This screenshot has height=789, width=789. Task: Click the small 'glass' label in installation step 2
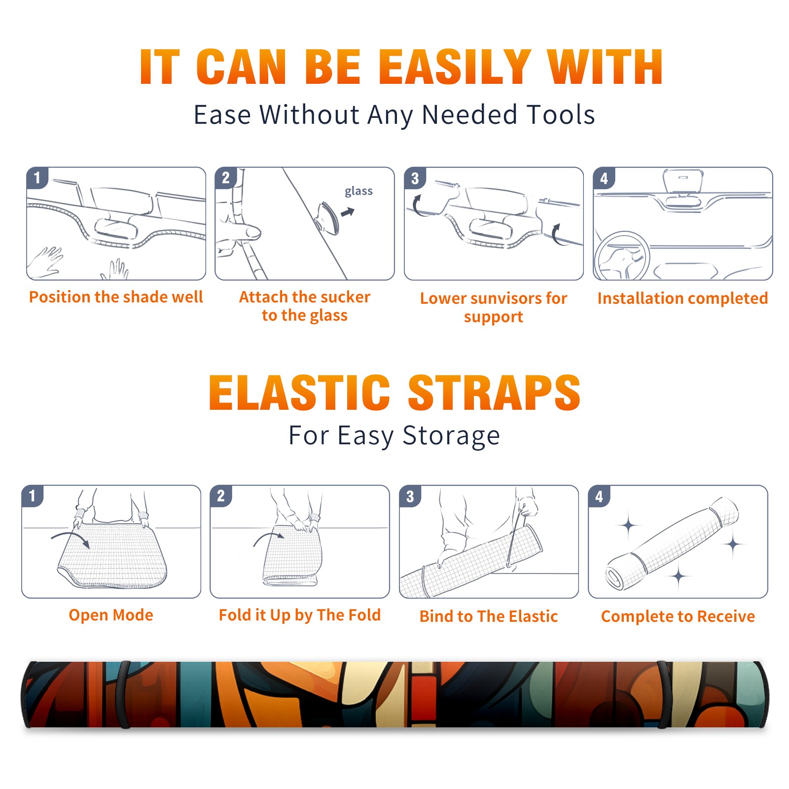[359, 191]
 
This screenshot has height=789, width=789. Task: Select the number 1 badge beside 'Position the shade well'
[37, 178]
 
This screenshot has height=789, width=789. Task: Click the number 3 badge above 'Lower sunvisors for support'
[415, 178]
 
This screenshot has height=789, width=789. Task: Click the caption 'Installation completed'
[682, 298]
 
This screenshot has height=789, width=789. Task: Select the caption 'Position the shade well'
[116, 297]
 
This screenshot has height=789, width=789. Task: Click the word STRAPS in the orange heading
[494, 393]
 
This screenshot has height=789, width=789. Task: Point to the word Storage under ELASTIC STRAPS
[451, 436]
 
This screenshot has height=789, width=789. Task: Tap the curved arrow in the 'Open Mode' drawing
[71, 538]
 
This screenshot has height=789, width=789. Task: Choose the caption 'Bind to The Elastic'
[489, 616]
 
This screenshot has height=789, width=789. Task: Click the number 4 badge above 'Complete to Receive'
[599, 496]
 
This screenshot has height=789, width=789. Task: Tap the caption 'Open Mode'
[111, 615]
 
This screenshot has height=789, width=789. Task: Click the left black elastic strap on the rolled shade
[123, 694]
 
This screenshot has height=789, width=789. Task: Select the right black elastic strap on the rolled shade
[664, 694]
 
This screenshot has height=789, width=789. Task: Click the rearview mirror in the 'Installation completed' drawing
[682, 181]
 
